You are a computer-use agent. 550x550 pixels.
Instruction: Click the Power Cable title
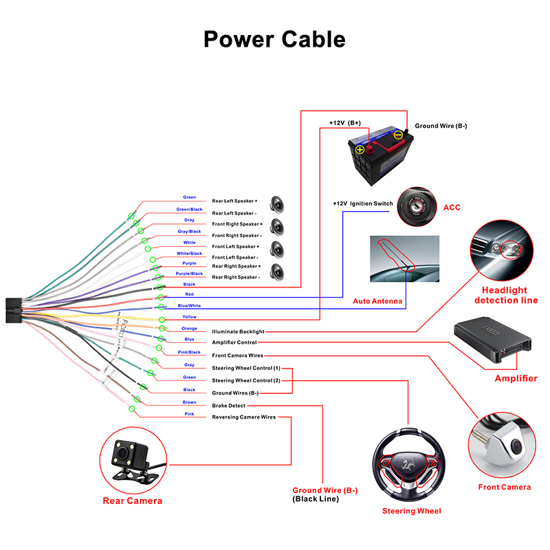(x=274, y=38)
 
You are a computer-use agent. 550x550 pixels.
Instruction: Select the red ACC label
(x=452, y=207)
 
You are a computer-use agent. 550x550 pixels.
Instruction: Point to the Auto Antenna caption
(x=377, y=301)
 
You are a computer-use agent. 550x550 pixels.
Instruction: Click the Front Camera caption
(x=504, y=487)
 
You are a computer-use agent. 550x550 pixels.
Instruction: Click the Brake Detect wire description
(x=229, y=406)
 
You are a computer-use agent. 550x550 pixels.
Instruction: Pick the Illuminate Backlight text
(x=238, y=331)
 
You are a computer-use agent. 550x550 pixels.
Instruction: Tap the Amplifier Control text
(x=234, y=342)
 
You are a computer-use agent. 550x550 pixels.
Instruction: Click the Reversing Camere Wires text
(x=244, y=417)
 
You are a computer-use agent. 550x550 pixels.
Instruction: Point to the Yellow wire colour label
(x=189, y=317)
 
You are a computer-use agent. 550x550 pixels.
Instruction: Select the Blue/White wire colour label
(x=189, y=305)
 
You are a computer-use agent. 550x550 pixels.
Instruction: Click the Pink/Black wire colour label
(x=189, y=352)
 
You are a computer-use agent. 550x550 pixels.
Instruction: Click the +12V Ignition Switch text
(x=363, y=203)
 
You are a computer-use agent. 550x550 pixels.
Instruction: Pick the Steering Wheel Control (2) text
(x=246, y=380)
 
